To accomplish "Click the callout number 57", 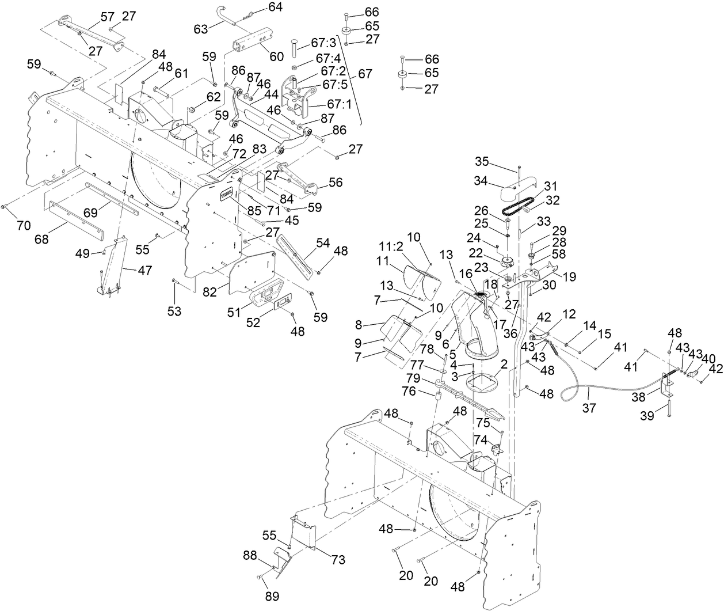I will coord(108,17).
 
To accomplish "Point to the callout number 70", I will coord(24,225).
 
